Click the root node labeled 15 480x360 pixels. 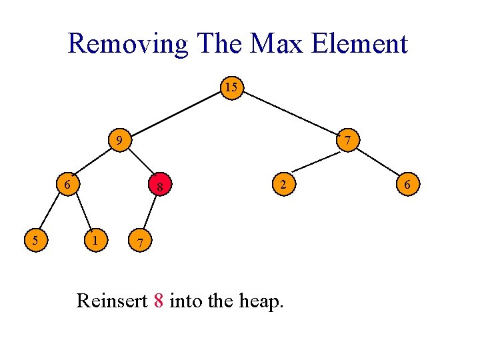[231, 88]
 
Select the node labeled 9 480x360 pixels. [119, 141]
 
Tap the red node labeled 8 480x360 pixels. [160, 187]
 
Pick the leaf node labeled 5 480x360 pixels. [34, 239]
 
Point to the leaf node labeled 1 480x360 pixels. [97, 239]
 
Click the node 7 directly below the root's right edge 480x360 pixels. [348, 141]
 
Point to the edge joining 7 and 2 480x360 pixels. [315, 162]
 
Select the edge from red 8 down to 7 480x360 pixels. [149, 214]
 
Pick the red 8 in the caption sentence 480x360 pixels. [158, 301]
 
